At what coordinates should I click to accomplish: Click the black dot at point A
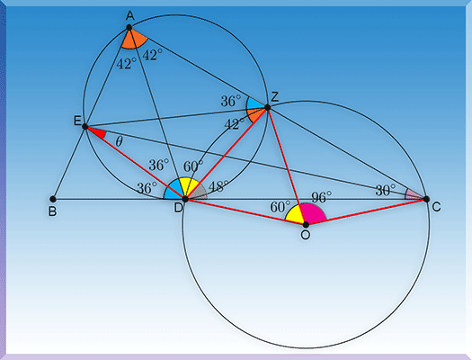129,27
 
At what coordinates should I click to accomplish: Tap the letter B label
52,211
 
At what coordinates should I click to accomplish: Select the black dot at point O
306,224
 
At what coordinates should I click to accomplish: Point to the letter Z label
274,96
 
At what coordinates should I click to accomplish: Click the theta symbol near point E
119,141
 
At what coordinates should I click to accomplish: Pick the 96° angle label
321,197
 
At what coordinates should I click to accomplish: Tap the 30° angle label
386,191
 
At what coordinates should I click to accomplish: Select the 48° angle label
218,187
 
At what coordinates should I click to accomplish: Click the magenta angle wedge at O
315,213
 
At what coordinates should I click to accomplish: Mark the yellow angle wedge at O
295,215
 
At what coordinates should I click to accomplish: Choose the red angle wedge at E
96,132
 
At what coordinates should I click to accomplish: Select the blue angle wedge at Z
254,103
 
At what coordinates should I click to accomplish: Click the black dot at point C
426,199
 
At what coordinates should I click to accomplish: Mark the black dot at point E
85,126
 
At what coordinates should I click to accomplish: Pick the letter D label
179,208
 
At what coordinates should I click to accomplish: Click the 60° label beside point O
281,207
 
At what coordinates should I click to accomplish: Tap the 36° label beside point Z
231,101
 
